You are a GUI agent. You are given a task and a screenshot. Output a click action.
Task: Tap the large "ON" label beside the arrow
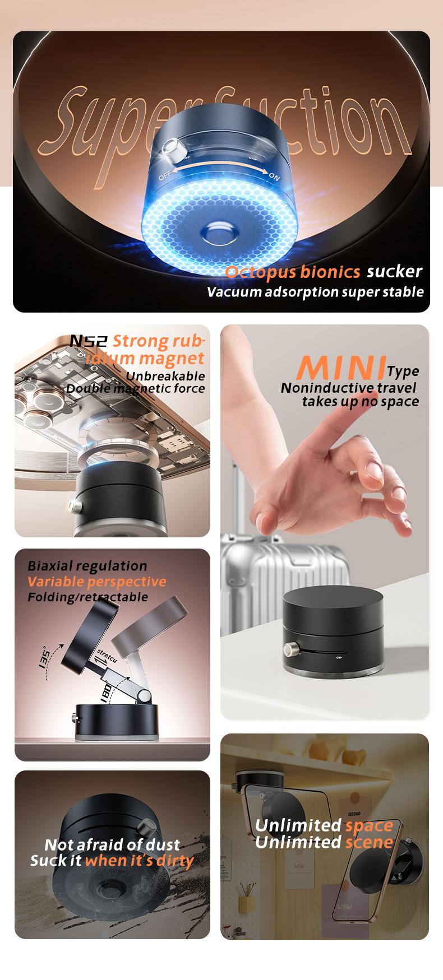[274, 178]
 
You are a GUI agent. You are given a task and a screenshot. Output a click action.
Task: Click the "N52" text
[88, 341]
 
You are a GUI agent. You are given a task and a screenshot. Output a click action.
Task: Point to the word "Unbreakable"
[165, 376]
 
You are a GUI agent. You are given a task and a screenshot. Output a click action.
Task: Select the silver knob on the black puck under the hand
[292, 651]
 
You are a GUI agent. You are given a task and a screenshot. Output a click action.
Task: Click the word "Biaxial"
[50, 566]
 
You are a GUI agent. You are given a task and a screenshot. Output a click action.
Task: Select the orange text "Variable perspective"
[96, 582]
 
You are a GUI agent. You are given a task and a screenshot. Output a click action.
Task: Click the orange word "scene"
[370, 842]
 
